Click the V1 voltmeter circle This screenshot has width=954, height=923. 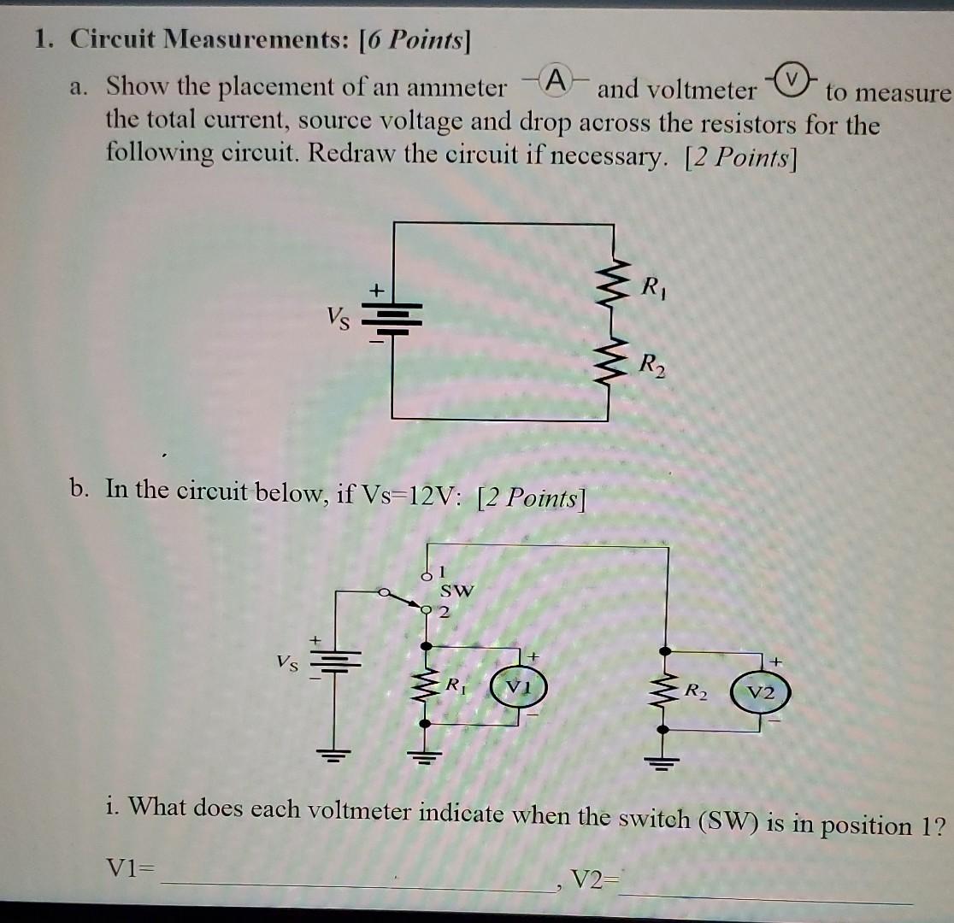514,687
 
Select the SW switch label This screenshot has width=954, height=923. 455,591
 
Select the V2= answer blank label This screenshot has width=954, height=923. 596,879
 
